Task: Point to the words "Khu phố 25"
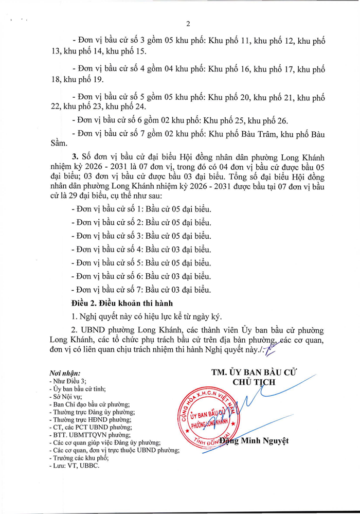pos(224,121)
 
